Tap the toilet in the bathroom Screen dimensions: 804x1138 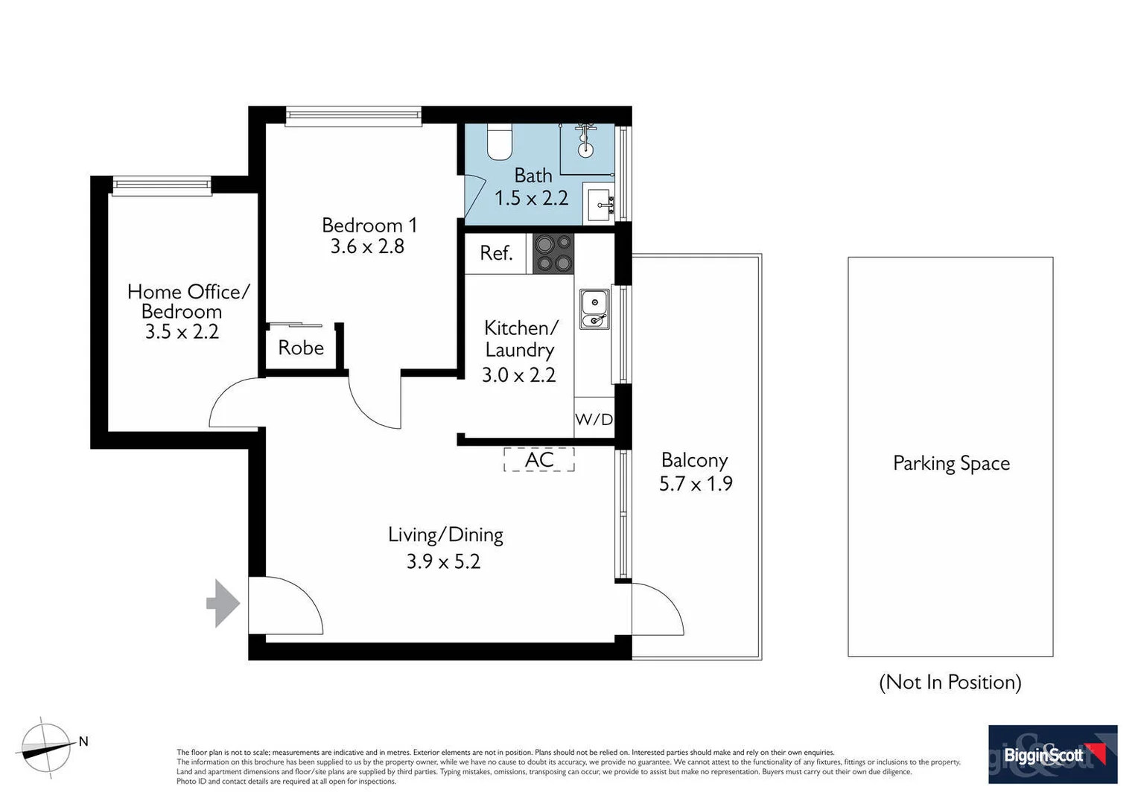[x=500, y=142]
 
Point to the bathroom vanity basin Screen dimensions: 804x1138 [x=598, y=202]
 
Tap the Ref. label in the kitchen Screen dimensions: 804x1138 [x=496, y=253]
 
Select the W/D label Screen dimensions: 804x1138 [x=594, y=419]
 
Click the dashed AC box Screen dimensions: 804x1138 [x=539, y=459]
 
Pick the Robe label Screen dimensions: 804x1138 [x=301, y=348]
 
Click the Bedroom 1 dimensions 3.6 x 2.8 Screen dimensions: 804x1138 [x=368, y=246]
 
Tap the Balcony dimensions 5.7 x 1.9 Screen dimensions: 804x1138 [x=696, y=484]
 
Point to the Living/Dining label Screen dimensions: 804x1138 [x=445, y=535]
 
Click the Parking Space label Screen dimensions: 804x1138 [x=951, y=463]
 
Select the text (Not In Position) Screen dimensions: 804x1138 [x=950, y=682]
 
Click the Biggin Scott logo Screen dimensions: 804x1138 [x=1052, y=754]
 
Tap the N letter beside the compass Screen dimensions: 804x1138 [x=83, y=741]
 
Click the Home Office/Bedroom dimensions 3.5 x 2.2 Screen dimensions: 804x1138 [x=182, y=332]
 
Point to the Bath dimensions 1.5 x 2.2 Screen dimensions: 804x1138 [x=532, y=198]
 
